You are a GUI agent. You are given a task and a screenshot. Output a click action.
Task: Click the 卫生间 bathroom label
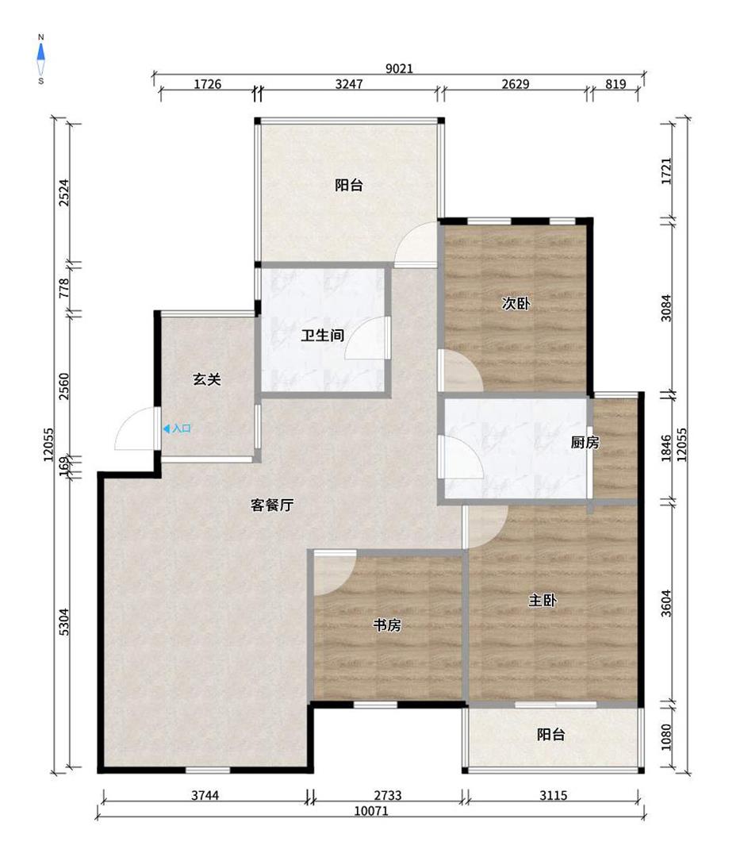(322, 335)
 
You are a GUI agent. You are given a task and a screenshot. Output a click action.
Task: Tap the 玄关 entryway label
(206, 379)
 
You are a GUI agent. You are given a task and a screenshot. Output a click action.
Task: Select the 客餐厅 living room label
(272, 505)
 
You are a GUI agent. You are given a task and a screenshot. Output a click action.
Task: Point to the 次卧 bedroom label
(516, 303)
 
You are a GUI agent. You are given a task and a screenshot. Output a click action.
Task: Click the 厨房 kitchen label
(585, 442)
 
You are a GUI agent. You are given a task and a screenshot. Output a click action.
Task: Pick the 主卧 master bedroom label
(543, 600)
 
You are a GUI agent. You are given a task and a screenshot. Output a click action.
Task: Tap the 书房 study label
(387, 624)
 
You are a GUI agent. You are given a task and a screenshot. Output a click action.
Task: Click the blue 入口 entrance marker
(177, 429)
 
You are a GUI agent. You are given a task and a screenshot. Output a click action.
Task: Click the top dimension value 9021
(399, 68)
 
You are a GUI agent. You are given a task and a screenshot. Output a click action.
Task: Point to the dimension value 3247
(348, 83)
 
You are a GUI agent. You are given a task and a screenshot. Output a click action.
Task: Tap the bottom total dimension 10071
(371, 810)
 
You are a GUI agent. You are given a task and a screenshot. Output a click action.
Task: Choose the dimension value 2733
(387, 795)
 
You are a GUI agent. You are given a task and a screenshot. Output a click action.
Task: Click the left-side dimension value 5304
(64, 621)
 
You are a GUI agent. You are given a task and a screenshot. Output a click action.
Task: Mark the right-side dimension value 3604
(666, 603)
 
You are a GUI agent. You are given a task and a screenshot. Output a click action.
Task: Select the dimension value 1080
(666, 737)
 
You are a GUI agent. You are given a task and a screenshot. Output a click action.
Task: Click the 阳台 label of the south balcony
(550, 734)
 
